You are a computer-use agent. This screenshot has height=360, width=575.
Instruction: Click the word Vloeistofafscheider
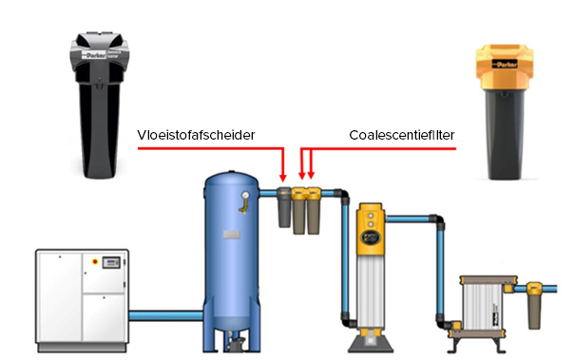196,135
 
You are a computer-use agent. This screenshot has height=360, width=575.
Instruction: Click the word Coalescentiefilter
402,135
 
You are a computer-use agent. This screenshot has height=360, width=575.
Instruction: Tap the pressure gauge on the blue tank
245,195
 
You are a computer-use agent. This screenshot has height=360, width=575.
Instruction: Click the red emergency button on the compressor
95,262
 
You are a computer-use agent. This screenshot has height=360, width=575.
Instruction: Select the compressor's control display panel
111,262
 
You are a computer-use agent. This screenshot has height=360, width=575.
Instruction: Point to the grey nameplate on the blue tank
232,235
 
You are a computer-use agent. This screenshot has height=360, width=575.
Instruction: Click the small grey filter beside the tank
284,207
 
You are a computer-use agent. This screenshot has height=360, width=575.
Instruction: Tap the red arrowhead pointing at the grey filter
282,178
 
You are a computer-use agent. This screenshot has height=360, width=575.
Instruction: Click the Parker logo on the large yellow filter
505,64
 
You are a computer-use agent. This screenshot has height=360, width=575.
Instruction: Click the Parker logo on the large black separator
96,55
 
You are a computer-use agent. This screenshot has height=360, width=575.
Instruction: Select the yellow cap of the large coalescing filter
505,66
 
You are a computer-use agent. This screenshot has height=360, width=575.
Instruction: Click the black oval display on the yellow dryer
371,237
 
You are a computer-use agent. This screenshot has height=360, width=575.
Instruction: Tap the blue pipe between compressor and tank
166,315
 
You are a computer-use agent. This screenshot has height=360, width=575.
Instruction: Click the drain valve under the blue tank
235,344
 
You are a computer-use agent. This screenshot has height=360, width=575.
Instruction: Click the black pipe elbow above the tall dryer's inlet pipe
343,196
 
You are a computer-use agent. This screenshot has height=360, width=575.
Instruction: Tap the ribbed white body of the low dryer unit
482,306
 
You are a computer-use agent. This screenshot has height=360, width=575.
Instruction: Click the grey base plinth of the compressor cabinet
82,348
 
